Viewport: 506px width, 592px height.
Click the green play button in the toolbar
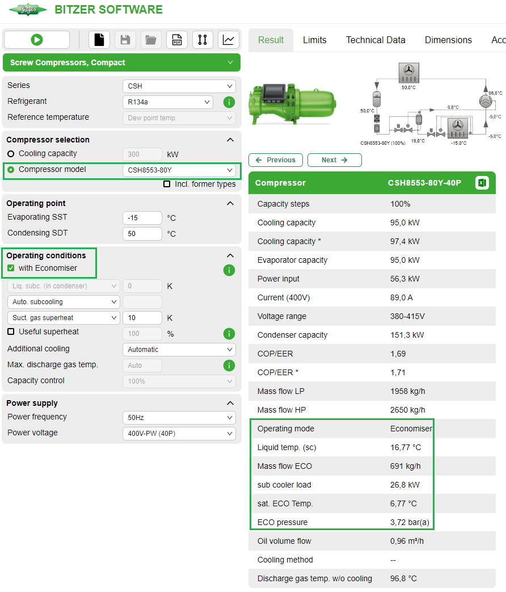(37, 40)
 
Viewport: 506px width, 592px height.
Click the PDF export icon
(176, 40)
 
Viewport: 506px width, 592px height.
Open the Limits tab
(314, 40)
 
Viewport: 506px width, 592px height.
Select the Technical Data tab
(376, 40)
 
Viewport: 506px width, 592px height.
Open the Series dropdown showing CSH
(179, 86)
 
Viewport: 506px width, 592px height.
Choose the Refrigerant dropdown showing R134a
(167, 102)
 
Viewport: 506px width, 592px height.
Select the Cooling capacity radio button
(11, 154)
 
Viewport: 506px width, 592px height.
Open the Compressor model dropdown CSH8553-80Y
(179, 170)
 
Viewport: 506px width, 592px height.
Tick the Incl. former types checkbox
(167, 184)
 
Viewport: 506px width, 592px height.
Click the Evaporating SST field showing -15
(142, 218)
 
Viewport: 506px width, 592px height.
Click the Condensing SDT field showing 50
(142, 234)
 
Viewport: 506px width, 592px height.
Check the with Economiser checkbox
(11, 268)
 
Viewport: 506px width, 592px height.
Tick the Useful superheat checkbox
(11, 331)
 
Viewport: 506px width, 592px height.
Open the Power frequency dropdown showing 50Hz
(179, 418)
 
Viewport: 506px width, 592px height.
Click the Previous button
(276, 160)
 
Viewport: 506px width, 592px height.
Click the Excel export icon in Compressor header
(482, 183)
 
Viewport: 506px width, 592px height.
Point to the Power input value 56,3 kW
(405, 279)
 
